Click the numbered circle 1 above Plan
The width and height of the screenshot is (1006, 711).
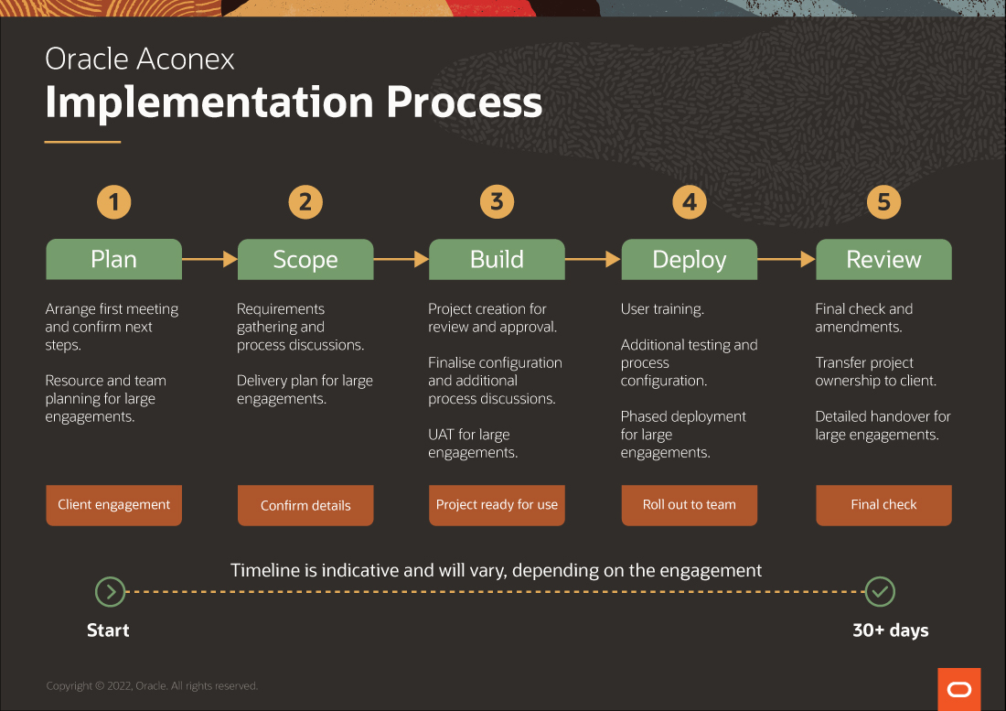click(x=114, y=202)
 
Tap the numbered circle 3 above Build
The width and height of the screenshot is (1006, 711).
click(x=498, y=201)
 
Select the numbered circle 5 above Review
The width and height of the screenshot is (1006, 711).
click(x=884, y=202)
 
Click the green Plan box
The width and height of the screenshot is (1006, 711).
click(x=114, y=259)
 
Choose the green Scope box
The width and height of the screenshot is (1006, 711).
click(x=305, y=259)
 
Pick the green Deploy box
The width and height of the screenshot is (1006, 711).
click(x=690, y=259)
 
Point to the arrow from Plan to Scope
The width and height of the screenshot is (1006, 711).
click(x=209, y=259)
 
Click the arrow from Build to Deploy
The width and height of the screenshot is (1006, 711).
click(x=593, y=259)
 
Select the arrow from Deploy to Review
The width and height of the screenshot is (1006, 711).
click(x=787, y=259)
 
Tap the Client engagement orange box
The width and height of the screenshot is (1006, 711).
click(x=114, y=505)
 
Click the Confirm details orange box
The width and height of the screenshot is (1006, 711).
click(x=305, y=505)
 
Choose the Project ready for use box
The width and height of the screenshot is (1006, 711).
click(x=498, y=505)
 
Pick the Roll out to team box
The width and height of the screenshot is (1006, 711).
click(x=690, y=505)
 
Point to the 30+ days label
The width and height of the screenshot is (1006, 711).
click(x=891, y=630)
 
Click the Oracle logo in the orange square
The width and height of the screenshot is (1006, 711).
click(x=959, y=689)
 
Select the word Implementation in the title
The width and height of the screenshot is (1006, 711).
click(x=209, y=102)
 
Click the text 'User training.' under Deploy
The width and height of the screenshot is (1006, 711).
click(x=662, y=309)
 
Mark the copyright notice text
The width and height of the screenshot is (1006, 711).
click(x=152, y=686)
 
